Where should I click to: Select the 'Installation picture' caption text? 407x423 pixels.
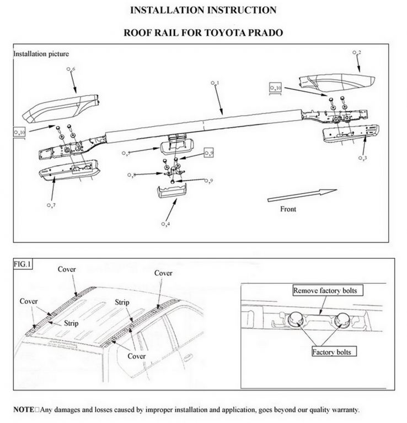[x=41, y=54]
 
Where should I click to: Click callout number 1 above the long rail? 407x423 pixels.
[x=215, y=83]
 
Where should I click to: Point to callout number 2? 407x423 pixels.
[x=357, y=52]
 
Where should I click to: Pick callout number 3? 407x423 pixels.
[x=363, y=158]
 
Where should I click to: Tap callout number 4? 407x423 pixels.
[x=165, y=224]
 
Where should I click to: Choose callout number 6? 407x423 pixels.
[x=71, y=69]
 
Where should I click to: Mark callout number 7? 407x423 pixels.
[x=51, y=205]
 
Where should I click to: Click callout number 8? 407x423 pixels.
[x=131, y=175]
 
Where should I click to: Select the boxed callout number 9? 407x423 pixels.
[x=209, y=153]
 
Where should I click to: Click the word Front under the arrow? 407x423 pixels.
[x=288, y=209]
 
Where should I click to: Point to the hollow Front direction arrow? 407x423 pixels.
[x=302, y=196]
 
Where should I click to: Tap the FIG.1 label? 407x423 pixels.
[x=23, y=264]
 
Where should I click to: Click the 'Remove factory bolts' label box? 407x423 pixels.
[x=328, y=290]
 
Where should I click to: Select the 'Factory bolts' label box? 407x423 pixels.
[x=334, y=351]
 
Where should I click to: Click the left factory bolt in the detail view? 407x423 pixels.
[x=296, y=318]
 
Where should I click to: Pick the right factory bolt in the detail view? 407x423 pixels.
[x=342, y=319]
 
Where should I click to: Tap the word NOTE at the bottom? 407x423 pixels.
[x=24, y=410]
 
